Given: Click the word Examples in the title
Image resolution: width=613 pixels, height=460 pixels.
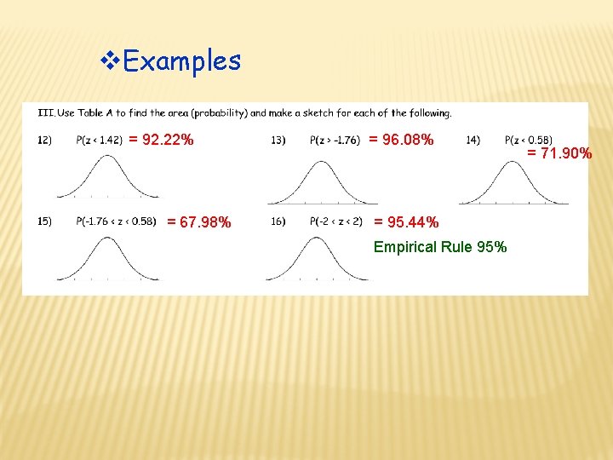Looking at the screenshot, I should click(182, 60).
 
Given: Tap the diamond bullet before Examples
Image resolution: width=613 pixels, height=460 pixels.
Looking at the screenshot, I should click(109, 60).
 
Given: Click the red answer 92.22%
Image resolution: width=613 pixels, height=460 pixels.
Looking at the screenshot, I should click(161, 139).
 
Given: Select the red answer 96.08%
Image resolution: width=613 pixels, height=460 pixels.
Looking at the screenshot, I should click(401, 139).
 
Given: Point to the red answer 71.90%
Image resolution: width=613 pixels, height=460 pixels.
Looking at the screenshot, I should click(559, 153).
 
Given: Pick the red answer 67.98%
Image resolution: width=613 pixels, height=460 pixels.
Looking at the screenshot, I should click(198, 222).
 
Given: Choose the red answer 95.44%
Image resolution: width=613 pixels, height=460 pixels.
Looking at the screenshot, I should click(407, 222).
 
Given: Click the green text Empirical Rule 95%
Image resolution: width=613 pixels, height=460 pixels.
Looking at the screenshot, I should click(440, 247).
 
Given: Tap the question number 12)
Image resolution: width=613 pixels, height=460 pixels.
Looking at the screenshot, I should click(45, 140).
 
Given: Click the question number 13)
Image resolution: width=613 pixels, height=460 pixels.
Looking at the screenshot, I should click(278, 140).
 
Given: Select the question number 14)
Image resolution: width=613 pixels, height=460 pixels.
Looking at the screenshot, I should click(473, 140).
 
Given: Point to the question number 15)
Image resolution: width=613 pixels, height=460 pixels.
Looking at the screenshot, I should click(45, 221).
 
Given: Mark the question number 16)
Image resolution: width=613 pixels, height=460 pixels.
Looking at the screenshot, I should click(278, 221).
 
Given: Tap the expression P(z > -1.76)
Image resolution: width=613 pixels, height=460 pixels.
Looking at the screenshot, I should click(335, 140).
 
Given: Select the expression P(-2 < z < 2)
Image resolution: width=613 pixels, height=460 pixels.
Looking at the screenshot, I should click(336, 221).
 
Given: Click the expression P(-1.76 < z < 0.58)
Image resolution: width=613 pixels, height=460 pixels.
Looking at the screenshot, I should click(116, 221).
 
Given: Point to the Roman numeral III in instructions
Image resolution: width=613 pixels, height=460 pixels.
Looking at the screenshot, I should click(45, 112).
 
